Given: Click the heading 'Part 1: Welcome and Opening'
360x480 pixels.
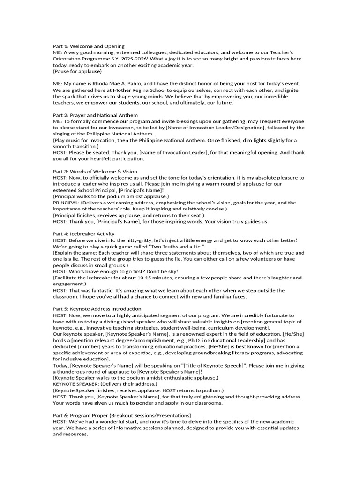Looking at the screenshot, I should (x=89, y=46).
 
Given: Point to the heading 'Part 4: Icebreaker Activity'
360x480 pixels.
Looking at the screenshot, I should (x=83, y=234).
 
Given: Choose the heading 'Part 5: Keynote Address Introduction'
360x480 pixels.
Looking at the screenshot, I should (x=97, y=309).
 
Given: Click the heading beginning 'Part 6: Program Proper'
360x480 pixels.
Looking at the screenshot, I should (x=122, y=415).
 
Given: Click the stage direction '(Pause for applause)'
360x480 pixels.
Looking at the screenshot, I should (x=77, y=71).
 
